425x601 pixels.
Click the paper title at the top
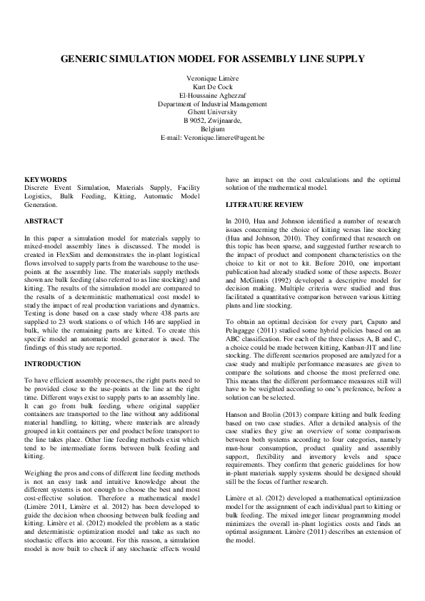212,59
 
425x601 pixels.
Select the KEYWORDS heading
46,179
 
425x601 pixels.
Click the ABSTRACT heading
44,221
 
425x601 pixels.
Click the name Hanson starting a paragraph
237,414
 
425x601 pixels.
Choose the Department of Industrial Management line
212,103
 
